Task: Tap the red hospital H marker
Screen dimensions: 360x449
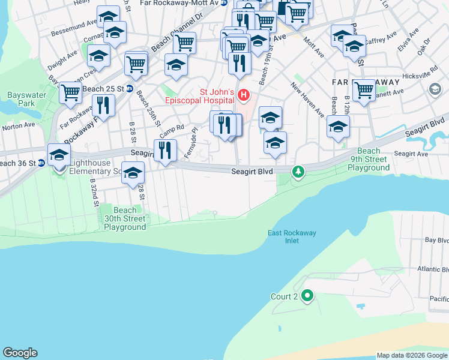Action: tap(244, 95)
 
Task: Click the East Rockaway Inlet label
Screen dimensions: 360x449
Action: tap(292, 236)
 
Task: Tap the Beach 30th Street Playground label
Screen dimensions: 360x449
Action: tap(125, 218)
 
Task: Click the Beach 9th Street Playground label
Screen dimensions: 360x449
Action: tap(368, 160)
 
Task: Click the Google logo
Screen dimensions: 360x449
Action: tap(20, 353)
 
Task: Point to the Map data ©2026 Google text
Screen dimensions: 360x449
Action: tap(412, 355)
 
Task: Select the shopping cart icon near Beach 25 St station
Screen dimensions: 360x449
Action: tap(71, 92)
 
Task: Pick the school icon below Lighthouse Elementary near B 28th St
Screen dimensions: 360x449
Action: tap(133, 173)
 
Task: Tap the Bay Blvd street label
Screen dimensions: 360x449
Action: tap(436, 239)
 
